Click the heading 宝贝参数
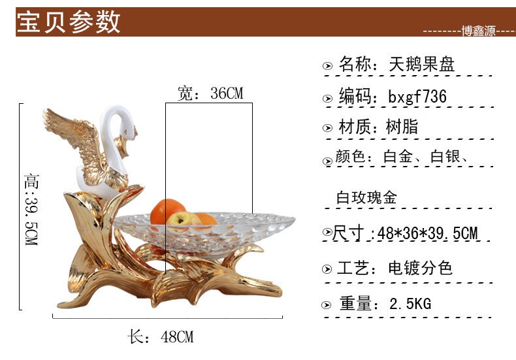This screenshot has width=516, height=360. [69, 22]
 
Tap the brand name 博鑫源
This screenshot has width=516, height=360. [479, 31]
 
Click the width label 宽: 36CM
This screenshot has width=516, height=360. [210, 93]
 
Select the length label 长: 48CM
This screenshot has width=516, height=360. [161, 337]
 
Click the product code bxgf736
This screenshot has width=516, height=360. [417, 97]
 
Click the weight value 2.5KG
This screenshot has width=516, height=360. [410, 304]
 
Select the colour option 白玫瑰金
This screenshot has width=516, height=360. [366, 198]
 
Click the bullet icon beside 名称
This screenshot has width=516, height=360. [328, 66]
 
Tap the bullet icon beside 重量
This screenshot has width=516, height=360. [328, 305]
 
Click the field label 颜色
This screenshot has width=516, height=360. [352, 158]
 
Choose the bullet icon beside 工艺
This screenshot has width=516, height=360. [328, 269]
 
